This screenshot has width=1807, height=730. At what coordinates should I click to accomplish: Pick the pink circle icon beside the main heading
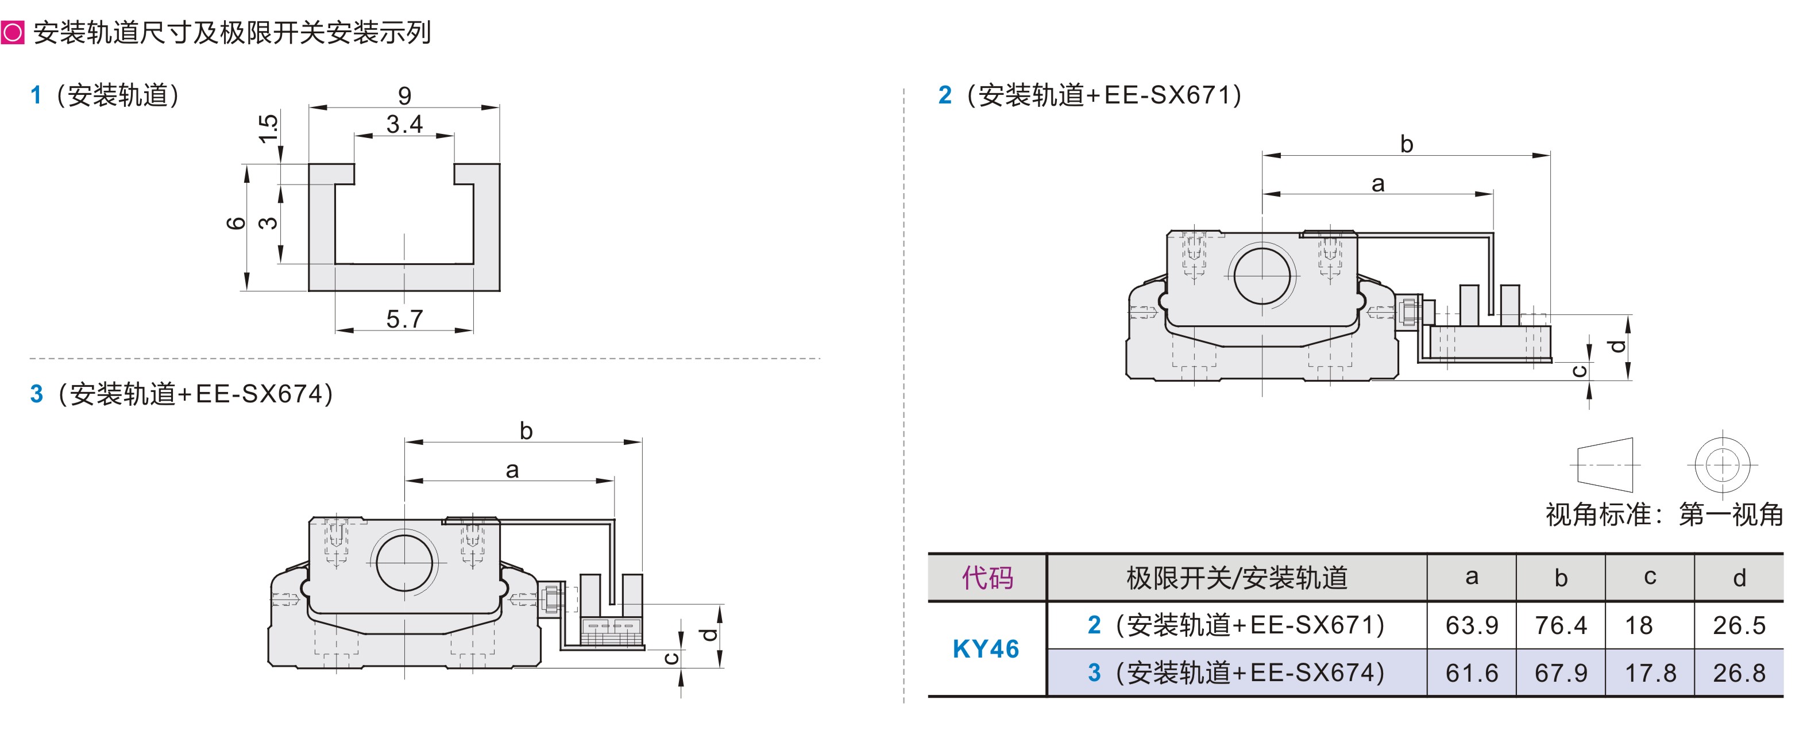13,32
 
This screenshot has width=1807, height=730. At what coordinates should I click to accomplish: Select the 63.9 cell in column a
1471,625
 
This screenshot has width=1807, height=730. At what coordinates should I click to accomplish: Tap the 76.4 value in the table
1560,625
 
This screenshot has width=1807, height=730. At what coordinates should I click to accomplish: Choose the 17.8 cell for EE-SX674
1650,673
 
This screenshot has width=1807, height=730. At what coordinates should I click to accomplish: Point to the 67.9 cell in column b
1560,673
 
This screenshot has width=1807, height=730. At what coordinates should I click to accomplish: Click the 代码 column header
987,578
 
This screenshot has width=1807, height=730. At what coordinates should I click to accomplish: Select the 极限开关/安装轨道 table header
1236,578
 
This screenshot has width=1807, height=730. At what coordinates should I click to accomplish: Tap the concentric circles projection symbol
1722,464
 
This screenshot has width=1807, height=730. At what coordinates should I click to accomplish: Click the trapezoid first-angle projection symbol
1605,464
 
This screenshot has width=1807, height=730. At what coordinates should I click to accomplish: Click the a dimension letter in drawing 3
512,470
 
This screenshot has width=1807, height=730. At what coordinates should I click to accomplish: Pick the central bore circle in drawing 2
1261,275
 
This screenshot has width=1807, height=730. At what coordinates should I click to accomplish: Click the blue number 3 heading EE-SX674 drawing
37,394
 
